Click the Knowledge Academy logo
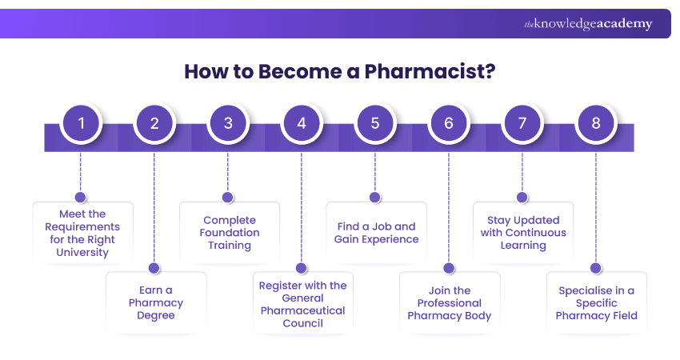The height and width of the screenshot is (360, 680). pyautogui.click(x=588, y=24)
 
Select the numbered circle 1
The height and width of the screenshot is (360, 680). pyautogui.click(x=81, y=124)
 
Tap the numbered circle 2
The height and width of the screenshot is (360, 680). pyautogui.click(x=154, y=124)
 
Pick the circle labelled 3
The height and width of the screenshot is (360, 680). pyautogui.click(x=228, y=124)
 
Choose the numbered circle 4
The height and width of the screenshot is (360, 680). pyautogui.click(x=302, y=124)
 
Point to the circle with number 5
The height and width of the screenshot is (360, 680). pyautogui.click(x=375, y=124)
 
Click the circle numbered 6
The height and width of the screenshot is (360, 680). pyautogui.click(x=449, y=124)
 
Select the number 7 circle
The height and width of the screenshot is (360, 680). pyautogui.click(x=522, y=124)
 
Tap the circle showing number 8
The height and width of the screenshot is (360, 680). pyautogui.click(x=596, y=124)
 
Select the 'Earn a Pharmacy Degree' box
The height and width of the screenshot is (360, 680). pyautogui.click(x=156, y=303)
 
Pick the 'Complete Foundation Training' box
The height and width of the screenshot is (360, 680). pyautogui.click(x=230, y=233)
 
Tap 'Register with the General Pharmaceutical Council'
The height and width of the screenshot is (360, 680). pyautogui.click(x=303, y=304)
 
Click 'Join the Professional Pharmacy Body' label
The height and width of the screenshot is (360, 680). pyautogui.click(x=450, y=303)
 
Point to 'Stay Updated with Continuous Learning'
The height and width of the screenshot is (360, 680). pyautogui.click(x=523, y=233)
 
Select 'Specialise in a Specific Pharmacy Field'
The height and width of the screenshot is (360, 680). pyautogui.click(x=597, y=303)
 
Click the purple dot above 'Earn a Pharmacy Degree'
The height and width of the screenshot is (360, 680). pyautogui.click(x=154, y=269)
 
